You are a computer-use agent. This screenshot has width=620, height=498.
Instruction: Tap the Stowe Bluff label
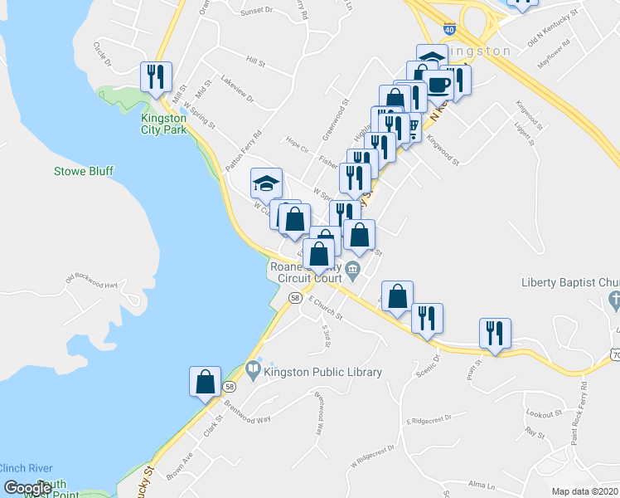click(83, 171)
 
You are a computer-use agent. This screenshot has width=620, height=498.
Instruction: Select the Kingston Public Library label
click(322, 372)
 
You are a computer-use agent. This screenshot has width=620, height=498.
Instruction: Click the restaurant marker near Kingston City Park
click(157, 77)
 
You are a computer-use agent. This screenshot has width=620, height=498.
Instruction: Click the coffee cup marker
click(437, 84)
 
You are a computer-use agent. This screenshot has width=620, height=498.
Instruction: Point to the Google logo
click(27, 488)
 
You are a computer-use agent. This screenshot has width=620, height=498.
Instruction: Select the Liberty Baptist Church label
click(570, 282)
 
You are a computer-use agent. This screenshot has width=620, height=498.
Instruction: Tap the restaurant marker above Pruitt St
click(496, 333)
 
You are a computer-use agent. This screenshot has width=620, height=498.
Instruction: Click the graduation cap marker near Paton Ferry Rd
click(267, 183)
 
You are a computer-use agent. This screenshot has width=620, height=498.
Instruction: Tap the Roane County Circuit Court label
click(304, 273)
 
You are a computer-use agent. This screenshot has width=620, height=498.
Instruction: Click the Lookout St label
click(544, 413)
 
